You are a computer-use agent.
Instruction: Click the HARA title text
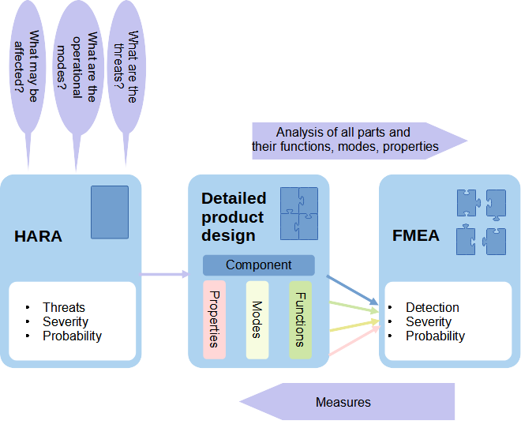point(38,236)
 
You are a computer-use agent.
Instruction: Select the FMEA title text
point(416,236)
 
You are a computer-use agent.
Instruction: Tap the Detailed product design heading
point(234,216)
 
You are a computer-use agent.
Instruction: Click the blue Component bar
point(259,265)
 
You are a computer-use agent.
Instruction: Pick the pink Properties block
point(215,319)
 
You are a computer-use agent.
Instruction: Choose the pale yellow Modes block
point(257,319)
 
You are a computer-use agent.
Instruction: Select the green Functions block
point(300,319)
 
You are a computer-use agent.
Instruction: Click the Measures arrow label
point(344,402)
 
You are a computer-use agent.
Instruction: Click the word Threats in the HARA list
point(64,307)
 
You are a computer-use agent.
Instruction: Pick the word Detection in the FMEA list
point(433,307)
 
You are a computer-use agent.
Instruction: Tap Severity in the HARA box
point(66,321)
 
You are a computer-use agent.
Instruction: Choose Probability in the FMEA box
point(435,336)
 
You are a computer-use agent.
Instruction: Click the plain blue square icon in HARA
point(110,212)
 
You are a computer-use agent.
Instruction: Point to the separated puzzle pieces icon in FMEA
point(482,222)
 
